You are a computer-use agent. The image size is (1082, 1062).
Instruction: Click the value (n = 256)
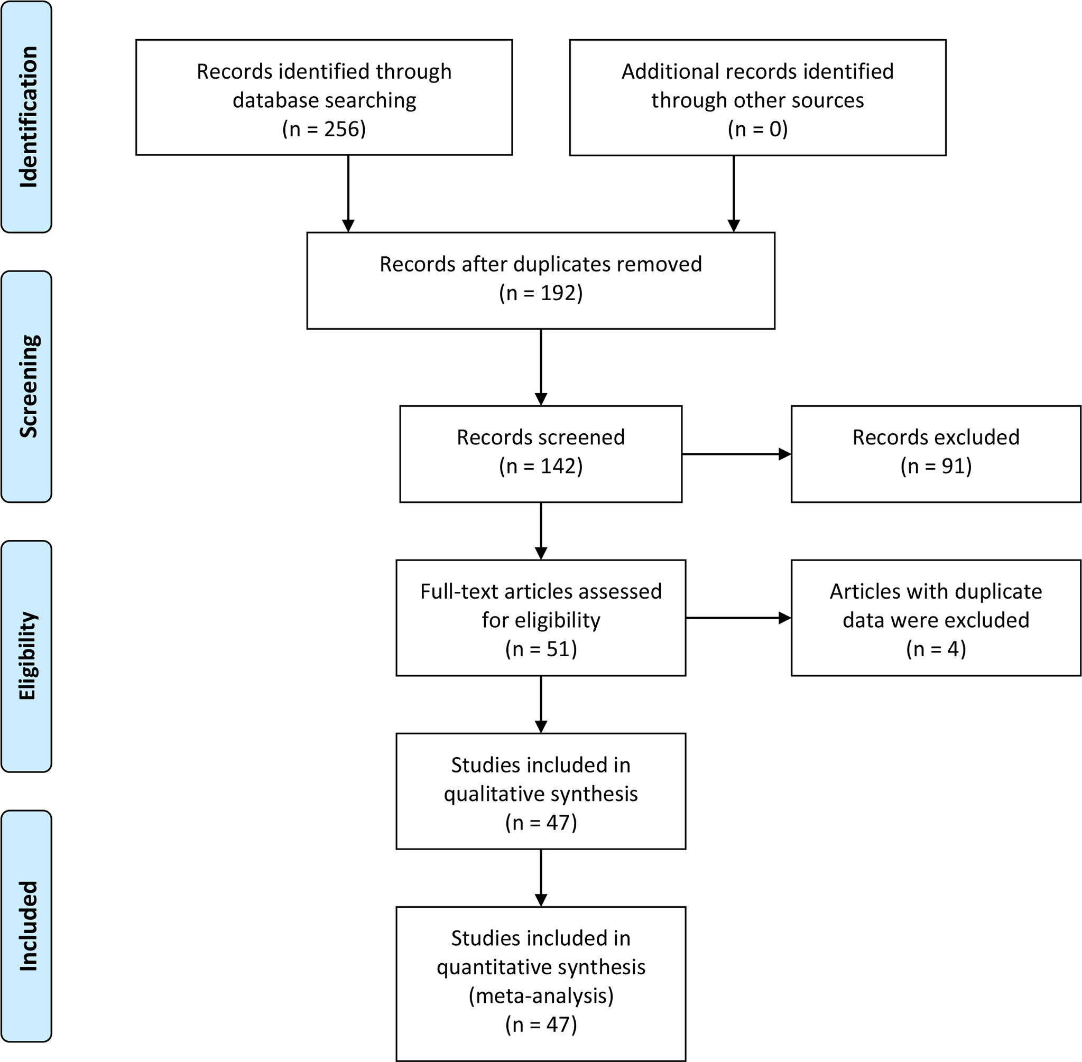323,129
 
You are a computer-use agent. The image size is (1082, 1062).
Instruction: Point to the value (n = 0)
757,129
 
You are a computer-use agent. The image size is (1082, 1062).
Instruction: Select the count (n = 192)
540,293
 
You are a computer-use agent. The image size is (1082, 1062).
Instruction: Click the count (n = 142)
540,465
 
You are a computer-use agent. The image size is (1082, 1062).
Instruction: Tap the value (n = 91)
935,465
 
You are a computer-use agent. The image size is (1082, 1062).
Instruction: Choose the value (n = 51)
540,649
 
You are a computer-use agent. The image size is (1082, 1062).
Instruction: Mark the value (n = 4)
935,649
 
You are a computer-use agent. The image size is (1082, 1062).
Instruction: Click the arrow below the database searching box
348,193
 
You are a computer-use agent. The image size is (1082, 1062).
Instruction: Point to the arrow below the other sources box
733,193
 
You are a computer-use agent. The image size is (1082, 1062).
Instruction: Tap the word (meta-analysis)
540,995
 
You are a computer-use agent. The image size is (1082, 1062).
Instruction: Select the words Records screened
540,437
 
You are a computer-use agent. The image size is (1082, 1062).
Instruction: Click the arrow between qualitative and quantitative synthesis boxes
540,878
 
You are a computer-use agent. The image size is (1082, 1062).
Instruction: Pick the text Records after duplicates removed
540,264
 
